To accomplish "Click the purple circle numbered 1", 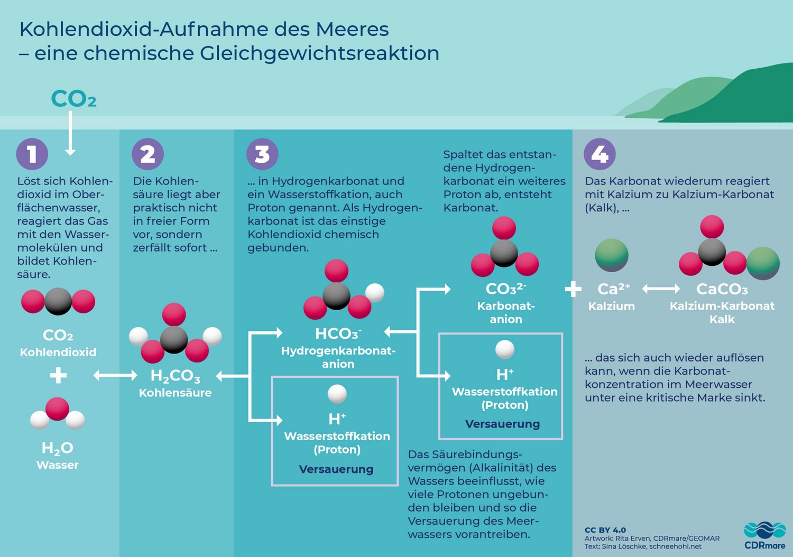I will click(x=32, y=154).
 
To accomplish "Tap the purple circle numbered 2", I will click(x=147, y=154).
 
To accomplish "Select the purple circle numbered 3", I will click(x=262, y=154).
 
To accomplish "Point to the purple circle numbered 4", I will click(x=600, y=154).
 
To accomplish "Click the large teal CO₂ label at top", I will click(x=73, y=99).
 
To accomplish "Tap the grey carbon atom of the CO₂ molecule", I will click(x=58, y=301).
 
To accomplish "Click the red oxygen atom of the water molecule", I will click(x=57, y=409).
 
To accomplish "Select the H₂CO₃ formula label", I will click(x=176, y=376).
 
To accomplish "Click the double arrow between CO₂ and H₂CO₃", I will click(x=115, y=375).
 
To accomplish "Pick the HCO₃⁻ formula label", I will click(x=338, y=333).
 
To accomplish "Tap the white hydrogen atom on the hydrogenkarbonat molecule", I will click(x=375, y=292).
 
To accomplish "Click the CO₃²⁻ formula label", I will click(x=505, y=289).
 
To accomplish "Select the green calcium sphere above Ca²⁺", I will click(x=612, y=255).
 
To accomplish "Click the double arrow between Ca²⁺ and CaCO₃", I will click(x=661, y=289).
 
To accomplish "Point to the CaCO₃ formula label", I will click(x=722, y=289).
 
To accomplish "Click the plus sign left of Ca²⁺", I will click(x=573, y=289).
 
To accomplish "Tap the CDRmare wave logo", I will click(x=764, y=530).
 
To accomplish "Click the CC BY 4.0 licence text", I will click(x=605, y=530).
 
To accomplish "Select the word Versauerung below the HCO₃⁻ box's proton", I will click(x=336, y=469).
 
